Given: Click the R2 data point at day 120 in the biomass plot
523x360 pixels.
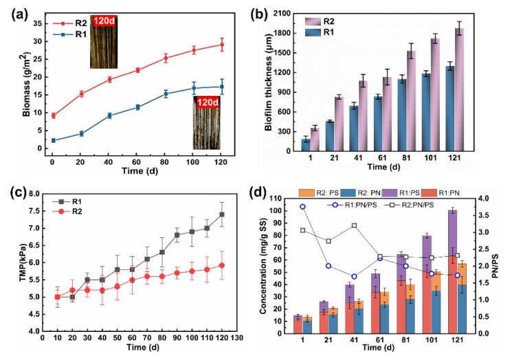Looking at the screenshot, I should click(x=221, y=45).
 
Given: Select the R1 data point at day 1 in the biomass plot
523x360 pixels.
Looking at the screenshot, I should click(x=53, y=140).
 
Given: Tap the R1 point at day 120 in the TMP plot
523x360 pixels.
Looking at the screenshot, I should click(x=222, y=214).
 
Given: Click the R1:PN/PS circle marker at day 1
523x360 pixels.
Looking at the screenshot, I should click(x=302, y=207).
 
